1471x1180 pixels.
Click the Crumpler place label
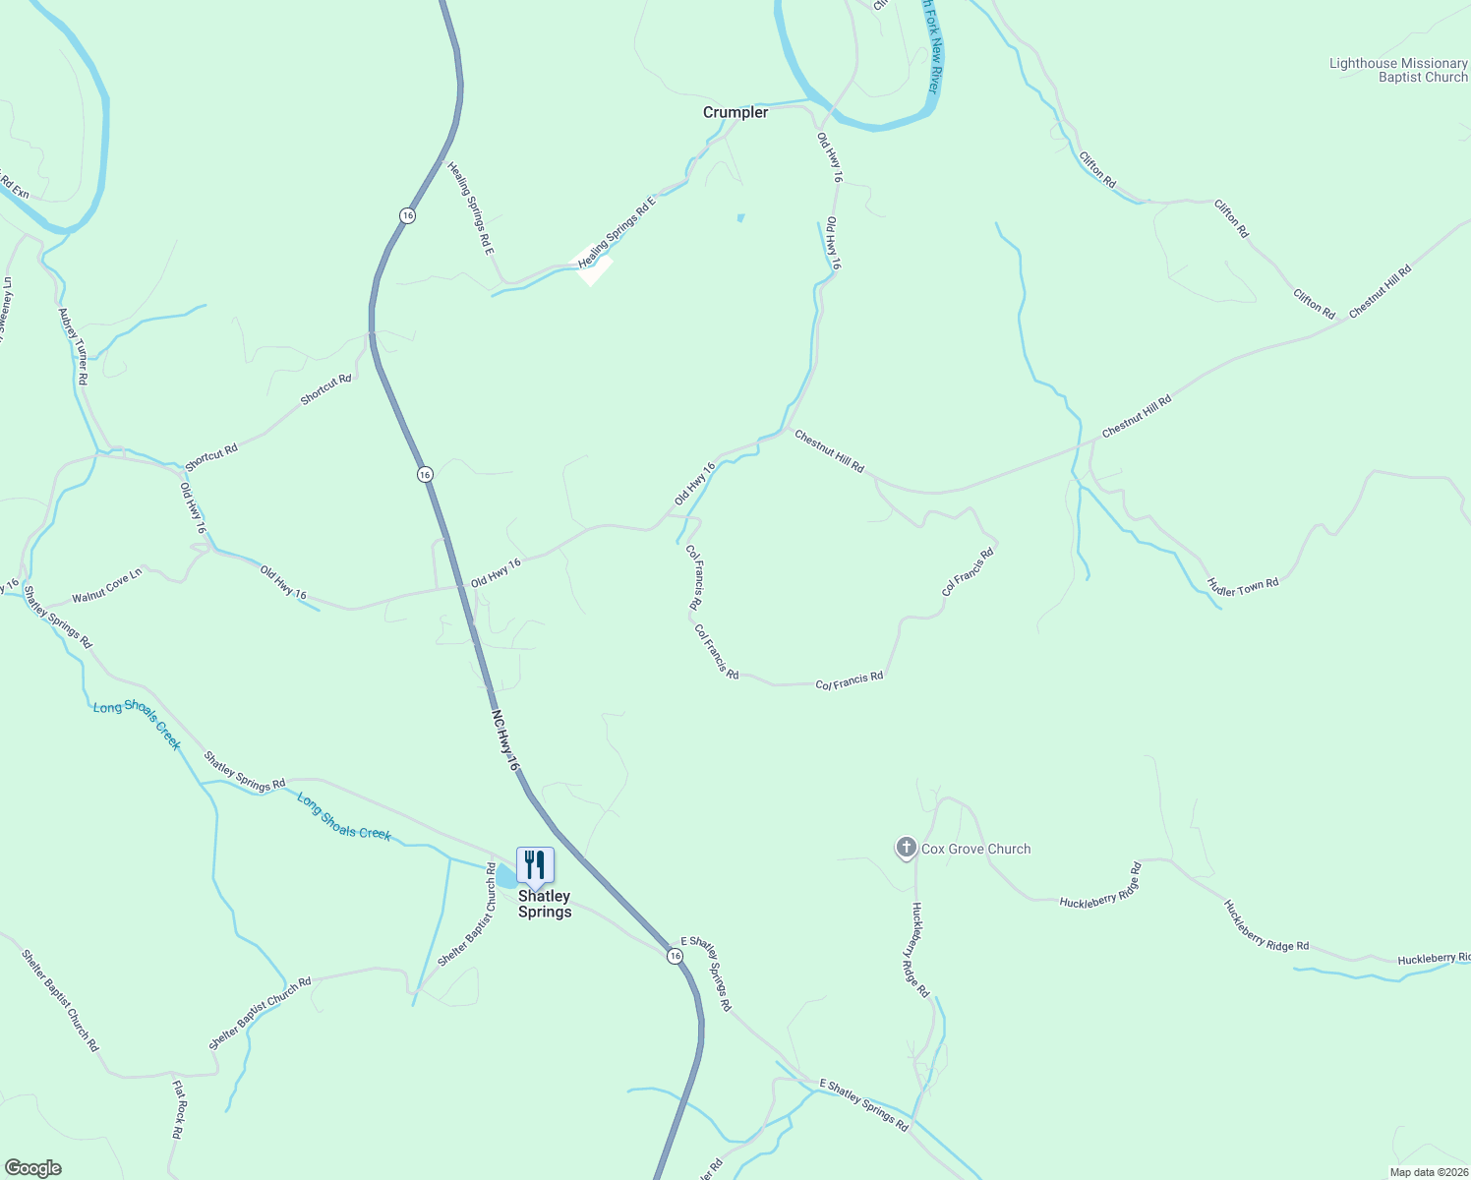click(735, 112)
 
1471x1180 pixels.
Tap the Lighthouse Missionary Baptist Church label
click(1398, 70)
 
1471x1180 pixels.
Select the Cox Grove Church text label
click(975, 849)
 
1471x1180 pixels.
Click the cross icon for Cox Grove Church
click(906, 848)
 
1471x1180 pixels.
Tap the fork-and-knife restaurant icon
click(535, 865)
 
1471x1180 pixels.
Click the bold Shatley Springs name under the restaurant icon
click(545, 904)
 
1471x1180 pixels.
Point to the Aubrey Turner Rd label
click(74, 346)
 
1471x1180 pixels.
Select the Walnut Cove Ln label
click(107, 585)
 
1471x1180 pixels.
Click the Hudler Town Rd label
click(1243, 587)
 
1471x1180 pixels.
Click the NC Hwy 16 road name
click(505, 739)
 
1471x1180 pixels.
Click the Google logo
click(32, 1168)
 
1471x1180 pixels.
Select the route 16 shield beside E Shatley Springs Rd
click(675, 956)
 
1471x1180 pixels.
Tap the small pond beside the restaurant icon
click(505, 876)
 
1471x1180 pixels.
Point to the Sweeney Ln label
click(5, 310)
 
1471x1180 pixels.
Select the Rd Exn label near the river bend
click(14, 187)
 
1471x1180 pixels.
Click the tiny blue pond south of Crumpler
click(740, 217)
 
